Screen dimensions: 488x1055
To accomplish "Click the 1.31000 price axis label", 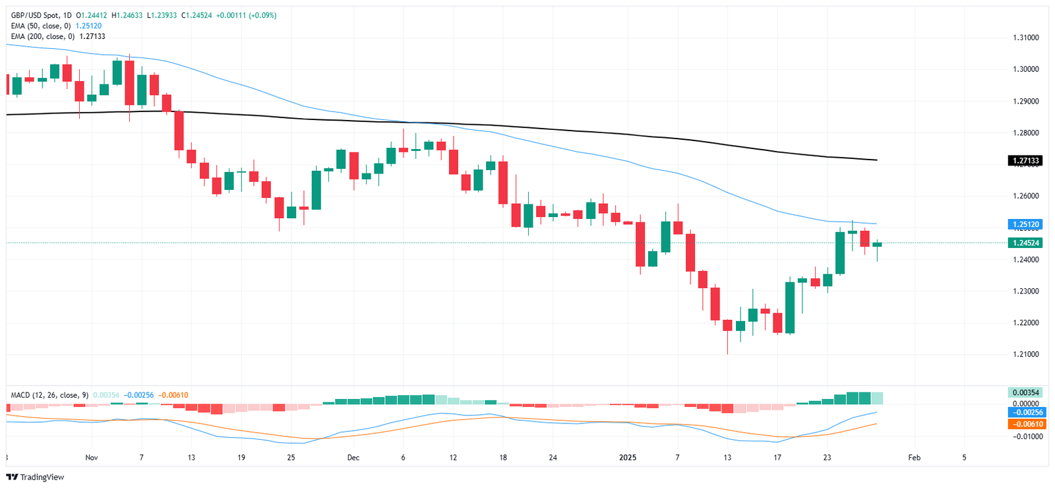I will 1025,38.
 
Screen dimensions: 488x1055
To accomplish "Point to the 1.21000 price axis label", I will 1025,354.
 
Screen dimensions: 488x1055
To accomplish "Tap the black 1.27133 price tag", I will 1025,161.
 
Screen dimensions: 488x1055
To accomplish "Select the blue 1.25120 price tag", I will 1025,224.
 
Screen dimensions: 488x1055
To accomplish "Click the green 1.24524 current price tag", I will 1025,243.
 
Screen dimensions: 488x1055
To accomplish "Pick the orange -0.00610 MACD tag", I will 1027,424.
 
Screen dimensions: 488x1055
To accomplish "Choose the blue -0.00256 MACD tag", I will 1027,413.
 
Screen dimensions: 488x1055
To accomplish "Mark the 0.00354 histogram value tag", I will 1025,393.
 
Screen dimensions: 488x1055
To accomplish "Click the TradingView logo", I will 36,477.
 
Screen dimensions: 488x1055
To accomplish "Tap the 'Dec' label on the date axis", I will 353,458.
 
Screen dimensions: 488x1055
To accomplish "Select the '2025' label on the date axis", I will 628,458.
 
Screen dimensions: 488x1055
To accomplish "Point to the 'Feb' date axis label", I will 914,458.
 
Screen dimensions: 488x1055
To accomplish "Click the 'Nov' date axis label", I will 92,458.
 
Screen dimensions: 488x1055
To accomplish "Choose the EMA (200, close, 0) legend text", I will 43,36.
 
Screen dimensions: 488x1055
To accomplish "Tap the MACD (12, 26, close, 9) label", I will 49,395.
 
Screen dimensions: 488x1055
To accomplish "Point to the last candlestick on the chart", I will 877,245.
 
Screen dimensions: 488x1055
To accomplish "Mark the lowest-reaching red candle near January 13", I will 727,325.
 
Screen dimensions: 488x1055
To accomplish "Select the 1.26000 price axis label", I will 1025,196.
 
